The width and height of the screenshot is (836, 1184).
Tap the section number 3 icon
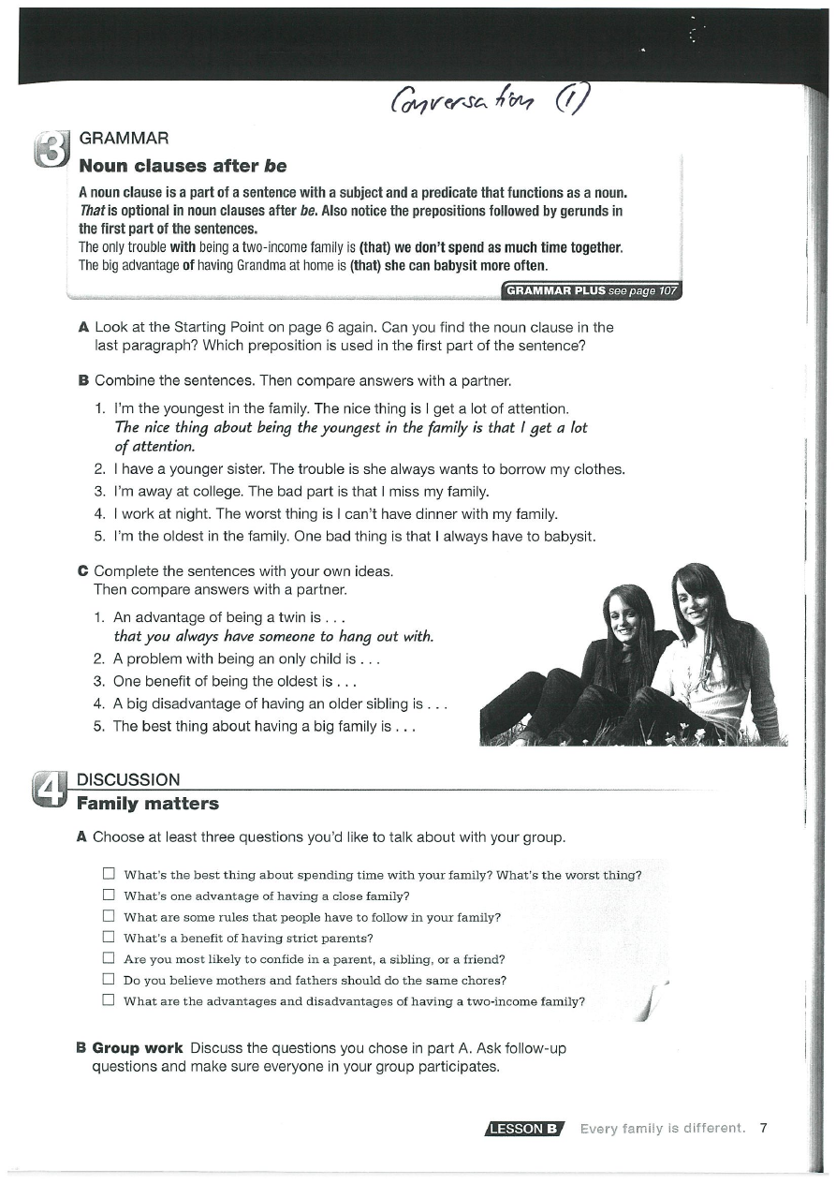51,153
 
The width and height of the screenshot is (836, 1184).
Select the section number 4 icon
51,790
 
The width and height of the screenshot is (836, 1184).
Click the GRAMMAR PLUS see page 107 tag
592,290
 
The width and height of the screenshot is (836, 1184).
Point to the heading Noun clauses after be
183,167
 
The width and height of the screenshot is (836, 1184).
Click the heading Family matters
147,804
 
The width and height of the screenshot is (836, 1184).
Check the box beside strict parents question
109,937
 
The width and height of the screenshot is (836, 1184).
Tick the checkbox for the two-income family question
109,1000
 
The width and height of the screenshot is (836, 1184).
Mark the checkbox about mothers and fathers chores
109,980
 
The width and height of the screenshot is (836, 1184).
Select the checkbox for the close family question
109,895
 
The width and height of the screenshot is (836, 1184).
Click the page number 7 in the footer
764,1128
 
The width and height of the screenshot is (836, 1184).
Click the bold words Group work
138,1047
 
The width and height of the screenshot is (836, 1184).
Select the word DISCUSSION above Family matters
128,779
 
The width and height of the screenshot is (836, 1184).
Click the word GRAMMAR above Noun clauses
124,139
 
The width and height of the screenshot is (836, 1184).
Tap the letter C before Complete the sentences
82,570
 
